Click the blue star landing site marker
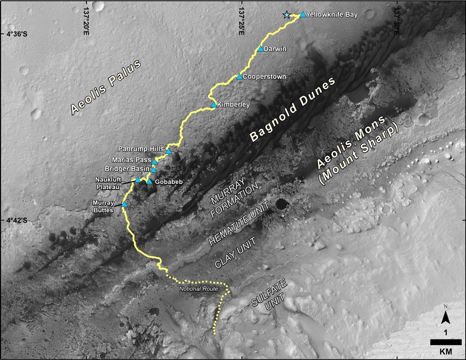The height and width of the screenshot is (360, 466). click(x=286, y=15)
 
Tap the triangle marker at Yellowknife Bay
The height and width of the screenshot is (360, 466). click(x=303, y=14)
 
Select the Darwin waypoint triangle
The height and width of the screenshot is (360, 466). click(x=261, y=49)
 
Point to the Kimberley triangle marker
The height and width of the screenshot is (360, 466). click(x=214, y=105)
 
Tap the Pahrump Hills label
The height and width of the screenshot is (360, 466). click(x=141, y=149)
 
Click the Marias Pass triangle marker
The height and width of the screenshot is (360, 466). click(x=155, y=161)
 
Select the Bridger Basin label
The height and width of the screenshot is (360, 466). click(x=127, y=169)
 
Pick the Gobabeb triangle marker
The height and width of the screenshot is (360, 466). click(x=149, y=181)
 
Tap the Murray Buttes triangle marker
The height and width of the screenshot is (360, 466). click(x=125, y=204)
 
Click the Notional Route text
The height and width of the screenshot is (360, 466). click(x=198, y=289)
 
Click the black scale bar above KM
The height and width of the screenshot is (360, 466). click(x=441, y=342)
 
